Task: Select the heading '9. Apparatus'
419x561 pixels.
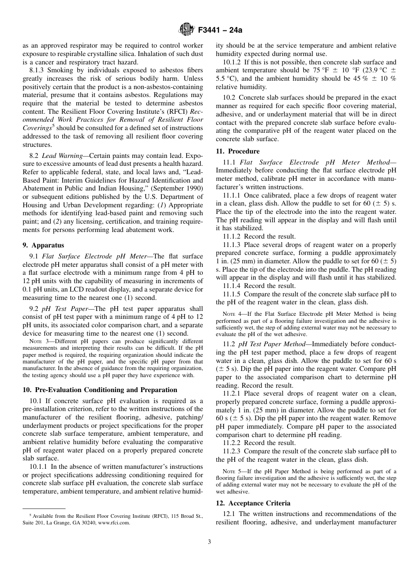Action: click(43, 245)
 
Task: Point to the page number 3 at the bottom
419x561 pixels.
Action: click(209, 542)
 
